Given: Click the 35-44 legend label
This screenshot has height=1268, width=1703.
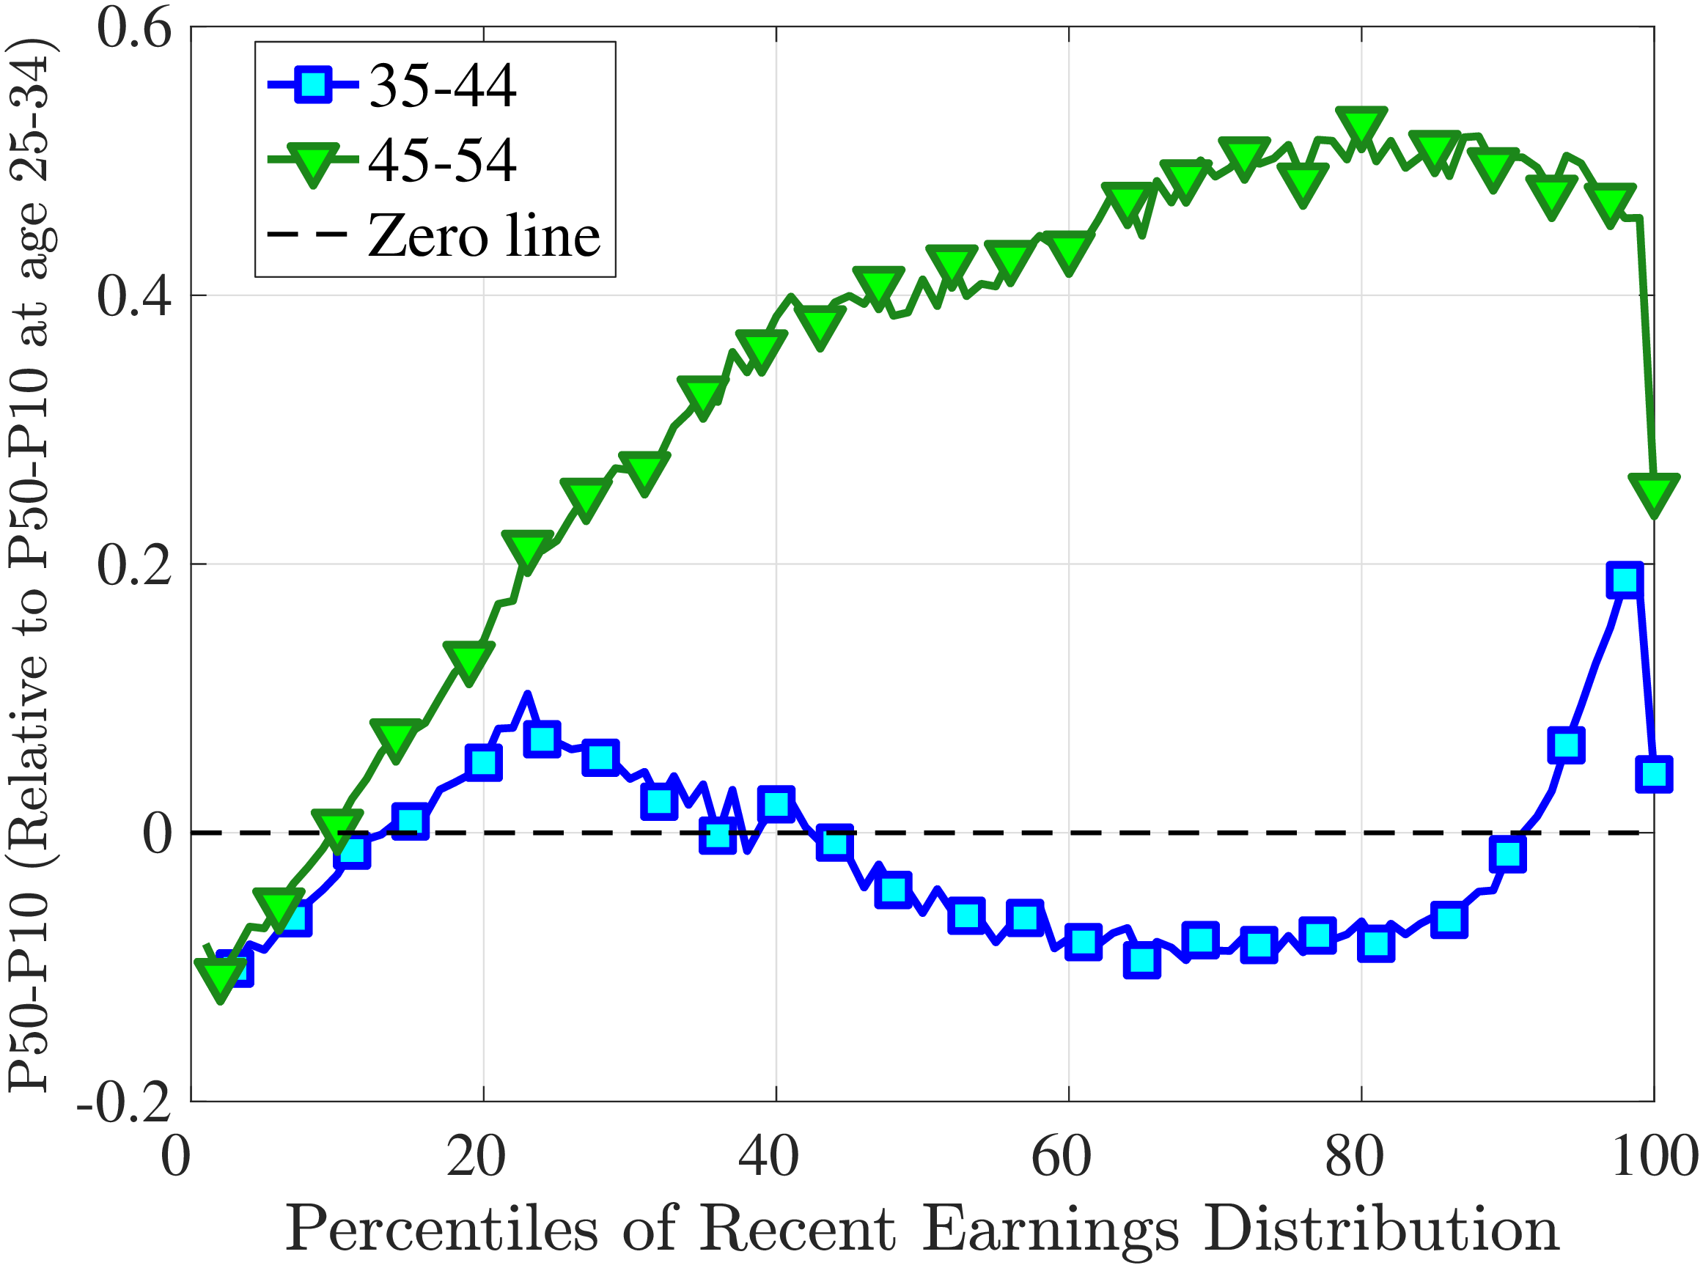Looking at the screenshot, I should pos(442,85).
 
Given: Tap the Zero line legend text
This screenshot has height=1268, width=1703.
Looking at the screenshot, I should pos(484,235).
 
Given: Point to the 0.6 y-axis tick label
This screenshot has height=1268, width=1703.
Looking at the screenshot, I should pos(133,29).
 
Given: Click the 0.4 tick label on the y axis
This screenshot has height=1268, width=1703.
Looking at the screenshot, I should pos(133,297).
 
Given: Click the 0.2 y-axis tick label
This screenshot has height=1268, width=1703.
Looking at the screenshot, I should pos(133,566).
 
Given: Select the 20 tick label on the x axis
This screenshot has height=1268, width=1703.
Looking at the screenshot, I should pos(476,1157).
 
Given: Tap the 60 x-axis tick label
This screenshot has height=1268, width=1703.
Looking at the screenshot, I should pos(1061,1157).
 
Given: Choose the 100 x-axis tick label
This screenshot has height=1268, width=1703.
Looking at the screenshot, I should pos(1654,1157).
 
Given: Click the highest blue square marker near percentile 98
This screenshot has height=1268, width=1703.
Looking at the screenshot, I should pos(1625,580).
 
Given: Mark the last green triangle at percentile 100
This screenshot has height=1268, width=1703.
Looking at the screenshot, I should pos(1654,492).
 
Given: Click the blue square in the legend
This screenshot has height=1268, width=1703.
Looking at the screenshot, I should pos(313,84).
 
